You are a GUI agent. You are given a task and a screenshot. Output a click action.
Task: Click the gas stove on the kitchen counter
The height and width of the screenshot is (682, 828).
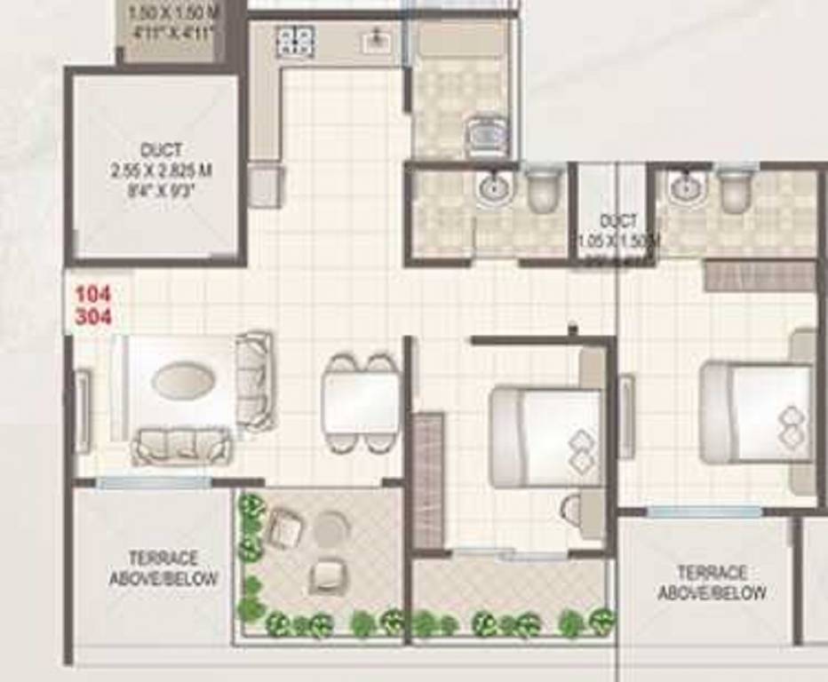[x=295, y=41]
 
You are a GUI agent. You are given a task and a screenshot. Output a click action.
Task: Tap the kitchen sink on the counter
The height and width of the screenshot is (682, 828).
[x=378, y=40]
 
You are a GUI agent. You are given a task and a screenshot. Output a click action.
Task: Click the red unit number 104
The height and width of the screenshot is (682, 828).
[x=93, y=295]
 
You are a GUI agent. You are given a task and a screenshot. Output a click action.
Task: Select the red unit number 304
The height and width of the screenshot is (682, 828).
[x=93, y=316]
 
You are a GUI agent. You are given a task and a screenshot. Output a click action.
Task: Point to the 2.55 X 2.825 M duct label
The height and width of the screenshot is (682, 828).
[x=162, y=170]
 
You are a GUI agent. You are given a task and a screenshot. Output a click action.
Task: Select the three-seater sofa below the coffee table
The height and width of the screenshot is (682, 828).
[x=182, y=444]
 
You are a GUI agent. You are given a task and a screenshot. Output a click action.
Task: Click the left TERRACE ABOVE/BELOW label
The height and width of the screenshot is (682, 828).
[x=163, y=568]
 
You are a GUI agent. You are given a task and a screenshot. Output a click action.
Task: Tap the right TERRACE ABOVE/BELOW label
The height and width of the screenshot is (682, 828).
[x=712, y=583]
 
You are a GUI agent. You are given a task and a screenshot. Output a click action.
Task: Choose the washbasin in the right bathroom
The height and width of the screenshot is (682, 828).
[x=684, y=187]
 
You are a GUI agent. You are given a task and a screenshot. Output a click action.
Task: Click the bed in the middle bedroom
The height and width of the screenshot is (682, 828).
[x=546, y=435]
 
